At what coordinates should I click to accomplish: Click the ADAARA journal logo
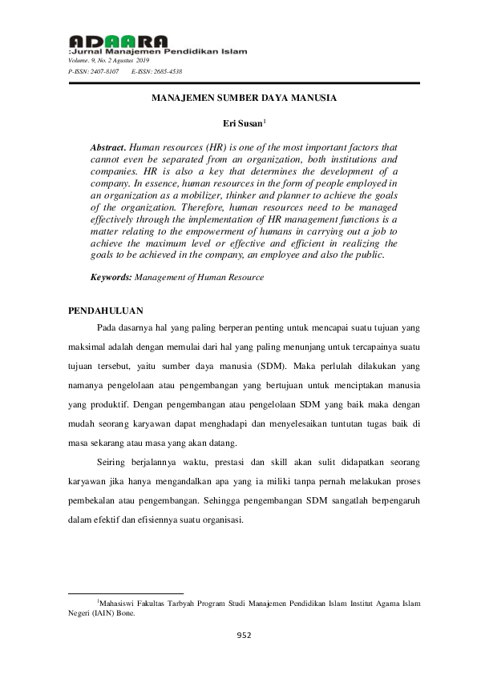click(119, 41)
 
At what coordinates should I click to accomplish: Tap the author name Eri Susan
click(236, 124)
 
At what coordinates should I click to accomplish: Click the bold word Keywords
click(111, 276)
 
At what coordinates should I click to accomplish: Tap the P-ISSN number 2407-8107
click(103, 71)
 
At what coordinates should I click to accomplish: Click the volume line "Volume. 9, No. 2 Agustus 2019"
click(103, 60)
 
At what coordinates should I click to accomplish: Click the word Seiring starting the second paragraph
click(112, 463)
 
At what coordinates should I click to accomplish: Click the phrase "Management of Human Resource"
click(197, 276)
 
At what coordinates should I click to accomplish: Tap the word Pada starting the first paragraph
click(106, 327)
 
